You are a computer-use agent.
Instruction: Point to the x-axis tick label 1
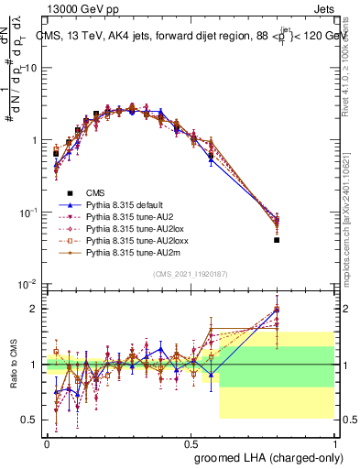coord(335,442)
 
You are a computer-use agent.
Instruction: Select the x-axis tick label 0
coord(47,442)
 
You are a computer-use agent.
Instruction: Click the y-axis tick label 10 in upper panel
coord(32,68)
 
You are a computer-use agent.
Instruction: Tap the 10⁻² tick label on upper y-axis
coord(29,284)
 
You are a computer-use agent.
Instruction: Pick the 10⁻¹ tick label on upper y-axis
coord(29,212)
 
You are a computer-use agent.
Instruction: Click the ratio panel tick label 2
coord(36,309)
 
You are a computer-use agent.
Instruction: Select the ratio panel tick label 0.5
coord(32,420)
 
